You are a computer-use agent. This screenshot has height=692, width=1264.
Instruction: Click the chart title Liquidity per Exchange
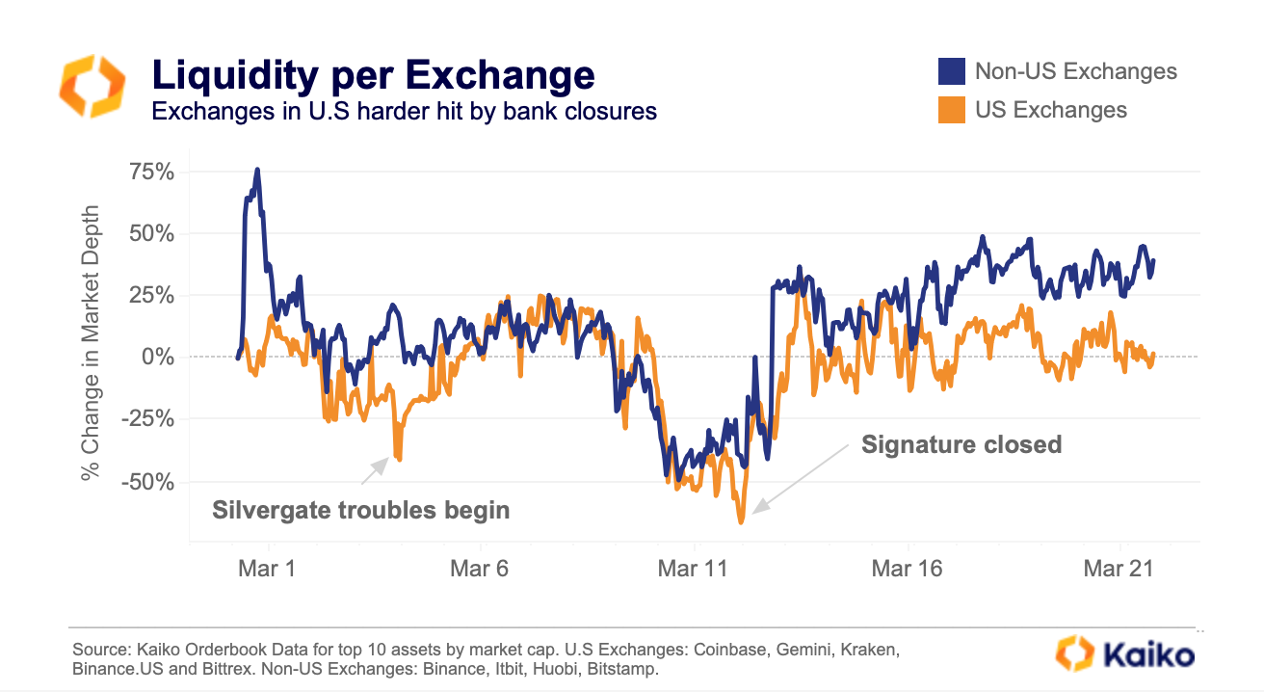[x=374, y=75]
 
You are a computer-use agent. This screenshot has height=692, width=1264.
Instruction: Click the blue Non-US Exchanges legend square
[x=952, y=71]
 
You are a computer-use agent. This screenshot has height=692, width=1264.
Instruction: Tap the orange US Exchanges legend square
[x=952, y=109]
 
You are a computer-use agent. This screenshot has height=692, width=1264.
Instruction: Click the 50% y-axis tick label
[x=150, y=233]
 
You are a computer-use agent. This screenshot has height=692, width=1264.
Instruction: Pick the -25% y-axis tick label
[x=147, y=418]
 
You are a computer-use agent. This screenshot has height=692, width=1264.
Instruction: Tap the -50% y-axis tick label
[x=147, y=480]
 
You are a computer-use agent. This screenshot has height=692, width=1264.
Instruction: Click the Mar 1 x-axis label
[x=267, y=569]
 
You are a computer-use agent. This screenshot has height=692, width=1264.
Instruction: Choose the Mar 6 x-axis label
[x=479, y=569]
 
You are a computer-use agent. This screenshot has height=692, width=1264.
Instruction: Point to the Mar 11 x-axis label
[x=693, y=569]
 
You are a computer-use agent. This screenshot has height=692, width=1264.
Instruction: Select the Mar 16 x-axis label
[x=907, y=569]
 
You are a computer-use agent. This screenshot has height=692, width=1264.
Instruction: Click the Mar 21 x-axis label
[x=1119, y=569]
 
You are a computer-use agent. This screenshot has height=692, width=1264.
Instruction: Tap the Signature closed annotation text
[x=961, y=444]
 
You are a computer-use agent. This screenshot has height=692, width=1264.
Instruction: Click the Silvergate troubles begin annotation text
[x=360, y=509]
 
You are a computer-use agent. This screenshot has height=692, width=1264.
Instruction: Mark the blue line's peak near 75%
[x=257, y=170]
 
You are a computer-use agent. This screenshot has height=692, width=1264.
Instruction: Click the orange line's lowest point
[x=741, y=522]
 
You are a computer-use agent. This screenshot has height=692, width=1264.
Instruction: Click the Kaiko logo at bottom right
[x=1124, y=653]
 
